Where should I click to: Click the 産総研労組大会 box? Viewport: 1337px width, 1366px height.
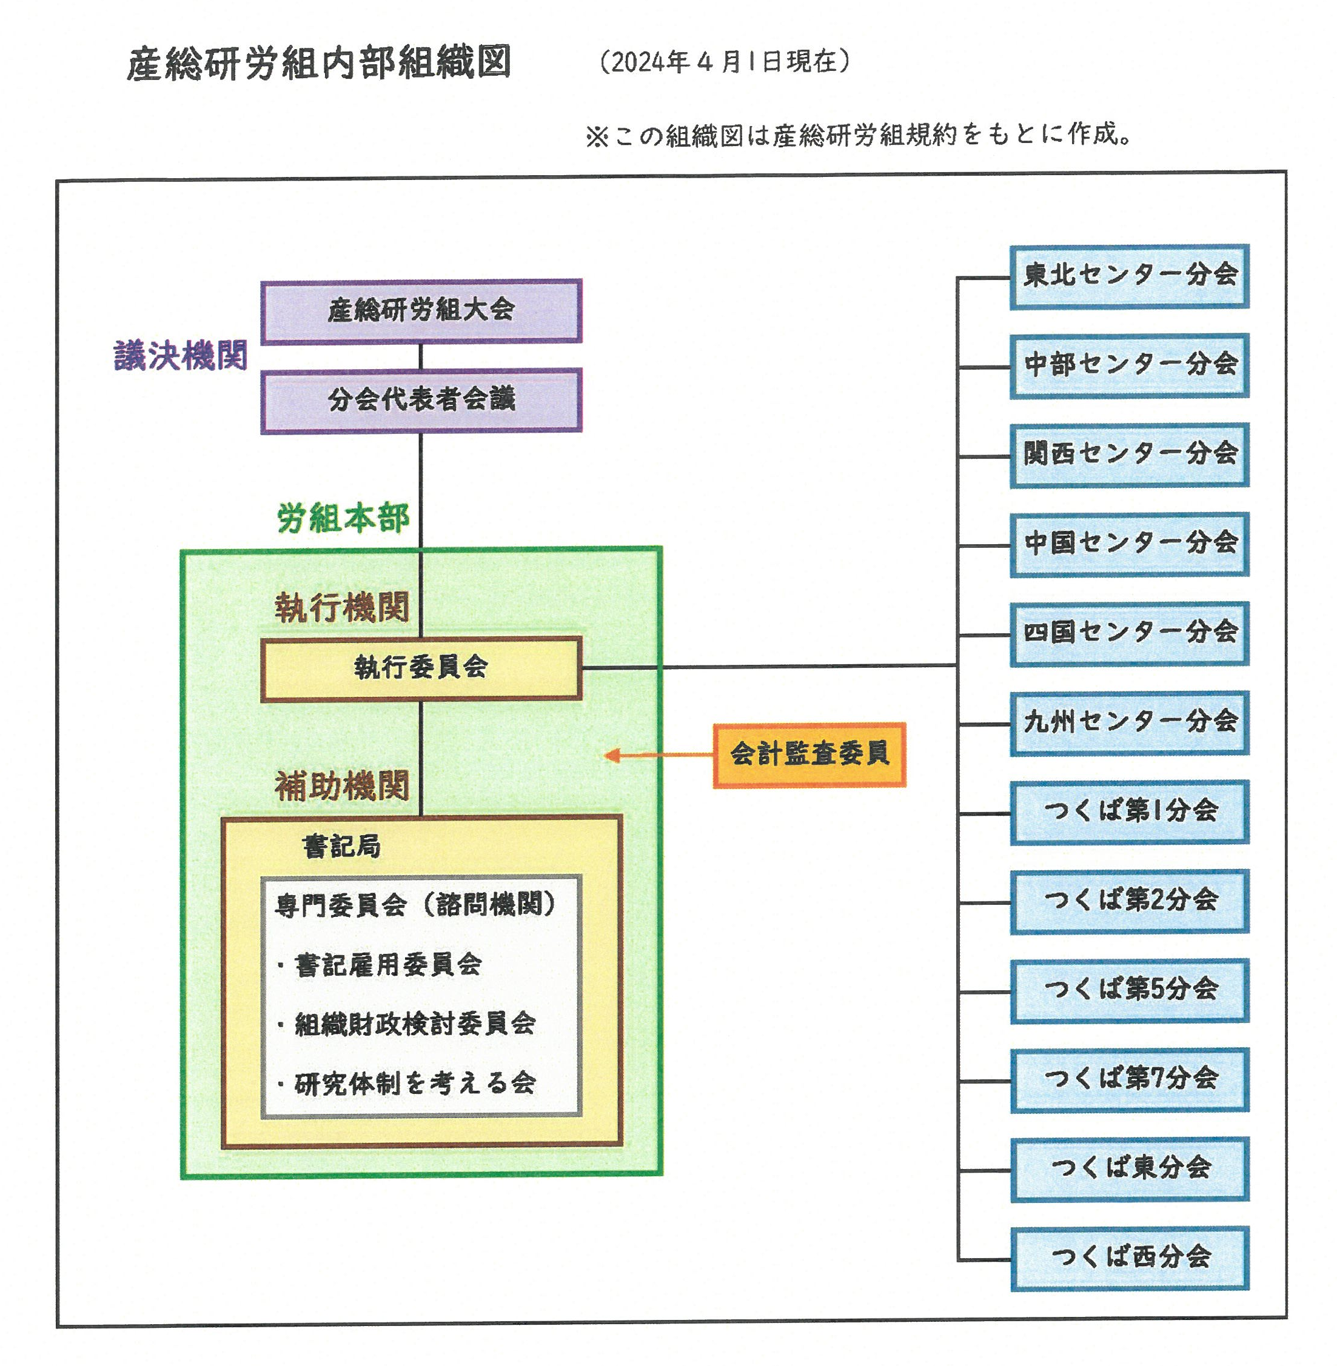pos(421,311)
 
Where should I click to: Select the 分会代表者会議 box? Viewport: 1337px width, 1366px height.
pos(421,400)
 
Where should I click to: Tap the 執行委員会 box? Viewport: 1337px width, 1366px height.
pos(421,668)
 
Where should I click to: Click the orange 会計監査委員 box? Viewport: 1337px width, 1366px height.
pos(809,755)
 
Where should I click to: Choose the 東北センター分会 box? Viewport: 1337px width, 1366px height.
pos(1129,276)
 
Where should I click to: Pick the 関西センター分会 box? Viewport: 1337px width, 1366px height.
pos(1129,454)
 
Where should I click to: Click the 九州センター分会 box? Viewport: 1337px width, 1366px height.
pos(1129,722)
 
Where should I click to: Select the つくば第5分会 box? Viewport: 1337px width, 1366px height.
pos(1129,990)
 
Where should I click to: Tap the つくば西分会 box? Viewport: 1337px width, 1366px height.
pos(1129,1257)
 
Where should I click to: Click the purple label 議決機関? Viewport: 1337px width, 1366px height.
pos(181,356)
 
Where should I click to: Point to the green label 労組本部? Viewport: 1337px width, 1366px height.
pos(343,519)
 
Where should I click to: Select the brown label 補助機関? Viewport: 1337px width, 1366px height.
pos(342,785)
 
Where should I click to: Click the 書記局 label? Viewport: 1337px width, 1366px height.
pos(341,847)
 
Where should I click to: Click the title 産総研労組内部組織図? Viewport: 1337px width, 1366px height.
pos(319,64)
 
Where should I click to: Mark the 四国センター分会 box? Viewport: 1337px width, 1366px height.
pos(1129,633)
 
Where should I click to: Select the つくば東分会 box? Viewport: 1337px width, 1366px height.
pos(1129,1168)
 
